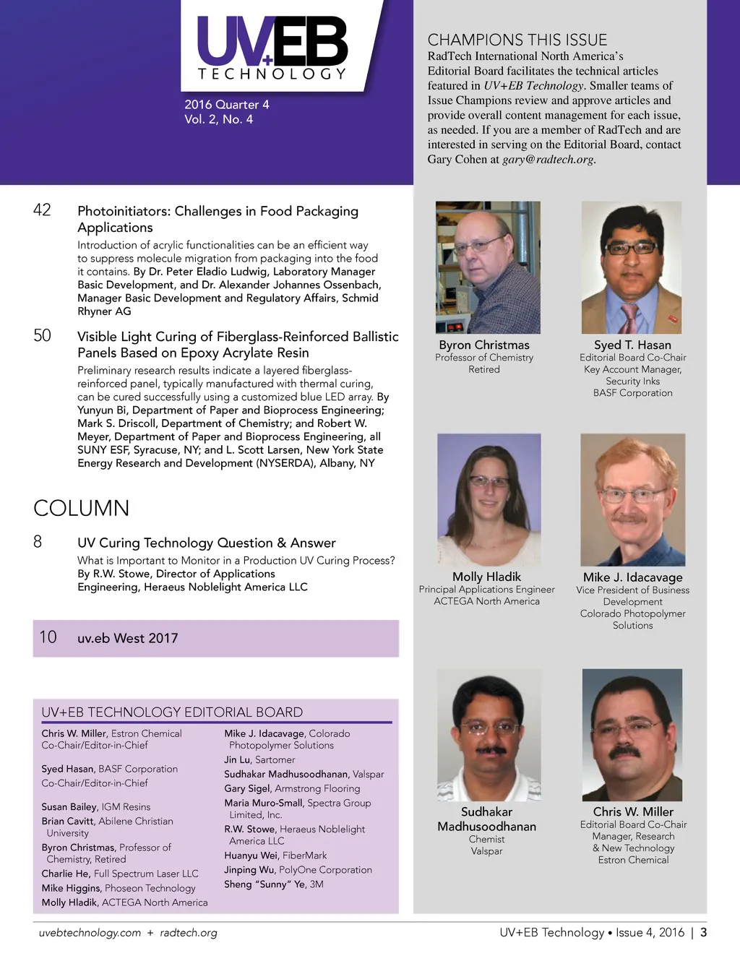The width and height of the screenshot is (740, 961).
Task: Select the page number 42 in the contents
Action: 43,210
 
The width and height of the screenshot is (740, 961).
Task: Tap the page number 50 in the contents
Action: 43,335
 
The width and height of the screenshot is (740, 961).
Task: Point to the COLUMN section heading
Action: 82,508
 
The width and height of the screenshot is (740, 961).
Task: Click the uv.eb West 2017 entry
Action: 128,638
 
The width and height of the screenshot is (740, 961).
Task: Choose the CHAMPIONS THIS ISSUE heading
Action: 517,40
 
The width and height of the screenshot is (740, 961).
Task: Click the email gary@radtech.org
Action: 548,159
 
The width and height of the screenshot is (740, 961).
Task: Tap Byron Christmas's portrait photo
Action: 488,267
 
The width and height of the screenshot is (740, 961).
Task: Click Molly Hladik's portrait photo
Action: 489,499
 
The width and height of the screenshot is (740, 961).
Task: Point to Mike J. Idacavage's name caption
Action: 632,577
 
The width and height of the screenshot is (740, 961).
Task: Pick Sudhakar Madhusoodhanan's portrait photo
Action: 489,734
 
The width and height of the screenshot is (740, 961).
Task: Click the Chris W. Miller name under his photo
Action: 632,811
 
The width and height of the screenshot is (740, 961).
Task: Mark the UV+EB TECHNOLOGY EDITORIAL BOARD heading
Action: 172,712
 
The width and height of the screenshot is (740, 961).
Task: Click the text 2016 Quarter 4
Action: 226,105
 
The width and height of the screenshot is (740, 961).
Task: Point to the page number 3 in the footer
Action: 703,932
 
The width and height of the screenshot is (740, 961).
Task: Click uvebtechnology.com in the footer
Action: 90,933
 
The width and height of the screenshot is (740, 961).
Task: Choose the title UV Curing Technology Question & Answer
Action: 207,543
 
